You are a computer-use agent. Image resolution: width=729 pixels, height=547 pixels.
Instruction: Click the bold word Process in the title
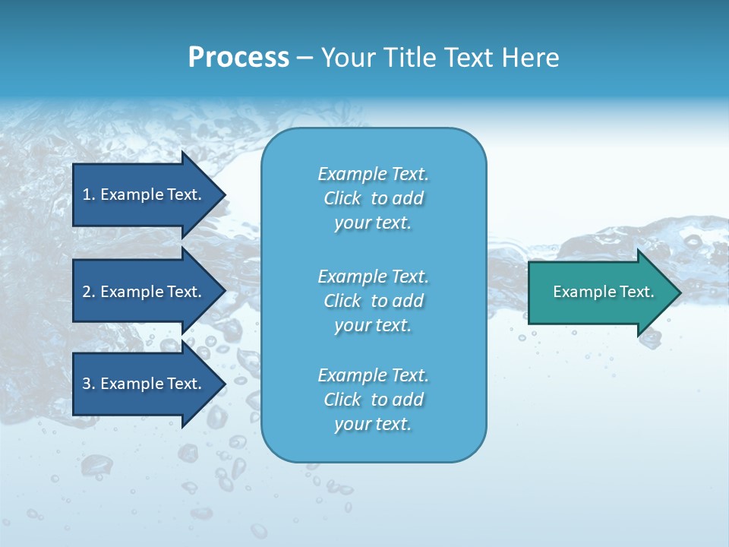pyautogui.click(x=238, y=58)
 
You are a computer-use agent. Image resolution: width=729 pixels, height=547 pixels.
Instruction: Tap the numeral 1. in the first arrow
pyautogui.click(x=88, y=194)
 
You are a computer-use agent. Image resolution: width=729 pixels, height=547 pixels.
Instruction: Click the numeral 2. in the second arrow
pyautogui.click(x=88, y=292)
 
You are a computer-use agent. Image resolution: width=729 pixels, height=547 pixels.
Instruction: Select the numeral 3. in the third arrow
pyautogui.click(x=88, y=384)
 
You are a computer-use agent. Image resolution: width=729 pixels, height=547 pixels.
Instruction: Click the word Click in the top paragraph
pyautogui.click(x=342, y=198)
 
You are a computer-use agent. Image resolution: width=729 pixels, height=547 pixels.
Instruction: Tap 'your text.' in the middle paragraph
pyautogui.click(x=373, y=325)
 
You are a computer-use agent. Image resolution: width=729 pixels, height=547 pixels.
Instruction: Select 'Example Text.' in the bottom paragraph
pyautogui.click(x=373, y=375)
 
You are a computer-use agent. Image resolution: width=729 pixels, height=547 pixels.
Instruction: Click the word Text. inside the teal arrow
pyautogui.click(x=636, y=292)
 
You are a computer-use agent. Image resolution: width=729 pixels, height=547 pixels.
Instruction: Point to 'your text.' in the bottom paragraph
pyautogui.click(x=373, y=424)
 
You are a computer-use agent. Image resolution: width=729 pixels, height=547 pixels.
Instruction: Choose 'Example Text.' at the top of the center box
pyautogui.click(x=373, y=174)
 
